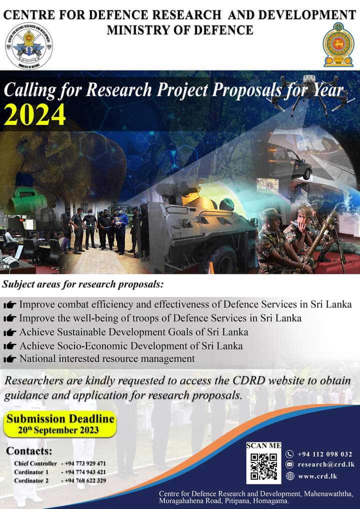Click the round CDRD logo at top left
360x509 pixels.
pos(29,46)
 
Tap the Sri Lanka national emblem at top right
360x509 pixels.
pos(338,44)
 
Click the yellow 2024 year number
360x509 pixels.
pos(34,115)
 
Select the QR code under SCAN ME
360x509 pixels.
pos(263,466)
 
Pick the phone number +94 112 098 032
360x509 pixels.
pos(324,454)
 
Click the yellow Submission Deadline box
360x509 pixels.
pos(60,424)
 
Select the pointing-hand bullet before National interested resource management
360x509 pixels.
pos(9,358)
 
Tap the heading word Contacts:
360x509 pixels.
pos(29,451)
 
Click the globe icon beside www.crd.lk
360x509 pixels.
pos(289,476)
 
